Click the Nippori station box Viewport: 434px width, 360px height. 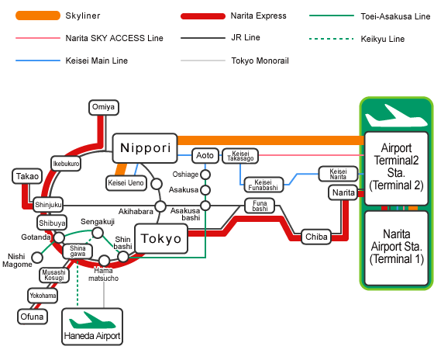pyautogui.click(x=145, y=148)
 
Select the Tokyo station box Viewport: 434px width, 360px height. pyautogui.click(x=161, y=239)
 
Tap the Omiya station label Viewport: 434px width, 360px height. pyautogui.click(x=104, y=107)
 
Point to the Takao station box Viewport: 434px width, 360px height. pyautogui.click(x=27, y=176)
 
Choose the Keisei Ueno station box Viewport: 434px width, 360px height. pyautogui.click(x=126, y=183)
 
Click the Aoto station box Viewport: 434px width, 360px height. pyautogui.click(x=205, y=155)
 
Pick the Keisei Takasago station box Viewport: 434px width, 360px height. pyautogui.click(x=240, y=156)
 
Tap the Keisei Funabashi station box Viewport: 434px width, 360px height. pyautogui.click(x=263, y=185)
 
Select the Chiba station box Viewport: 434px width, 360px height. pyautogui.click(x=316, y=237)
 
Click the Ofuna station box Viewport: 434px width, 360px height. pyautogui.click(x=33, y=317)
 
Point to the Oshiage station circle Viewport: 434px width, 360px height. pyautogui.click(x=205, y=175)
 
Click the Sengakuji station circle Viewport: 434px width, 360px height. pyautogui.click(x=98, y=233)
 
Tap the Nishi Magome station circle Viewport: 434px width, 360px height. pyautogui.click(x=37, y=258)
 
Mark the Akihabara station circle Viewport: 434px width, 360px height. pyautogui.click(x=160, y=206)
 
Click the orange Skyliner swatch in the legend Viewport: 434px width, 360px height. pyautogui.click(x=38, y=16)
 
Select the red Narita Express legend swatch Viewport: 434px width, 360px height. pyautogui.click(x=203, y=16)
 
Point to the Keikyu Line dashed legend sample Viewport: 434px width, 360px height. pyautogui.click(x=332, y=39)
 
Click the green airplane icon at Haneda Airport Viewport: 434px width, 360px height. pyautogui.click(x=92, y=320)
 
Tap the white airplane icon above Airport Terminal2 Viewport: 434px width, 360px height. pyautogui.click(x=396, y=116)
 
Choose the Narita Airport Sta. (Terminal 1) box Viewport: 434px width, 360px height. pyautogui.click(x=397, y=248)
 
